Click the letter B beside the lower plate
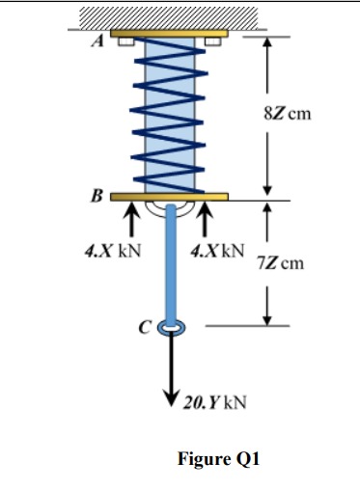[x=96, y=198]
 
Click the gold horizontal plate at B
[x=169, y=197]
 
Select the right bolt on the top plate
[x=213, y=41]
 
